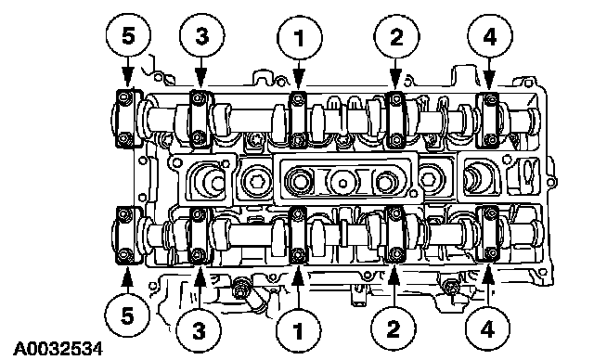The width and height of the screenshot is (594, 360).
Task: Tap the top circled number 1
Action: click(299, 37)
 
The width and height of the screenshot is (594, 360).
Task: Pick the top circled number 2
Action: click(396, 37)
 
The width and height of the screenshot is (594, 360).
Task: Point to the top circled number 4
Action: click(489, 37)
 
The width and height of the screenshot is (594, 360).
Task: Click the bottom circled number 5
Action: click(127, 315)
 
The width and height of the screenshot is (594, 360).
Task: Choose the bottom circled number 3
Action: click(199, 330)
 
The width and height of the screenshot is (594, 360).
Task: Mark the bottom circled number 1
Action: click(299, 330)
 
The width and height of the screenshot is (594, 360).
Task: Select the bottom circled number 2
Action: click(393, 328)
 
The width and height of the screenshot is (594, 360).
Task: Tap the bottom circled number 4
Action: click(487, 328)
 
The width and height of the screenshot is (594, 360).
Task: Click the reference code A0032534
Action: click(58, 349)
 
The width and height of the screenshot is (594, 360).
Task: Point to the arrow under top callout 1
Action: click(299, 74)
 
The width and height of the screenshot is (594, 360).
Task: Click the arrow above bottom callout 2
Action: click(394, 286)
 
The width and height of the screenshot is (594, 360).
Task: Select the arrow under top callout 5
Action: click(128, 71)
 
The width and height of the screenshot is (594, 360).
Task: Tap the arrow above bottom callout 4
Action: click(488, 286)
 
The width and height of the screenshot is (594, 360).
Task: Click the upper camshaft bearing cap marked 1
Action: click(298, 120)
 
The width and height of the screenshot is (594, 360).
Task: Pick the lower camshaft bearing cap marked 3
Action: click(199, 236)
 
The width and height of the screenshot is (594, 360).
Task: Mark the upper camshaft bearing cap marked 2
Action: click(396, 120)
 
